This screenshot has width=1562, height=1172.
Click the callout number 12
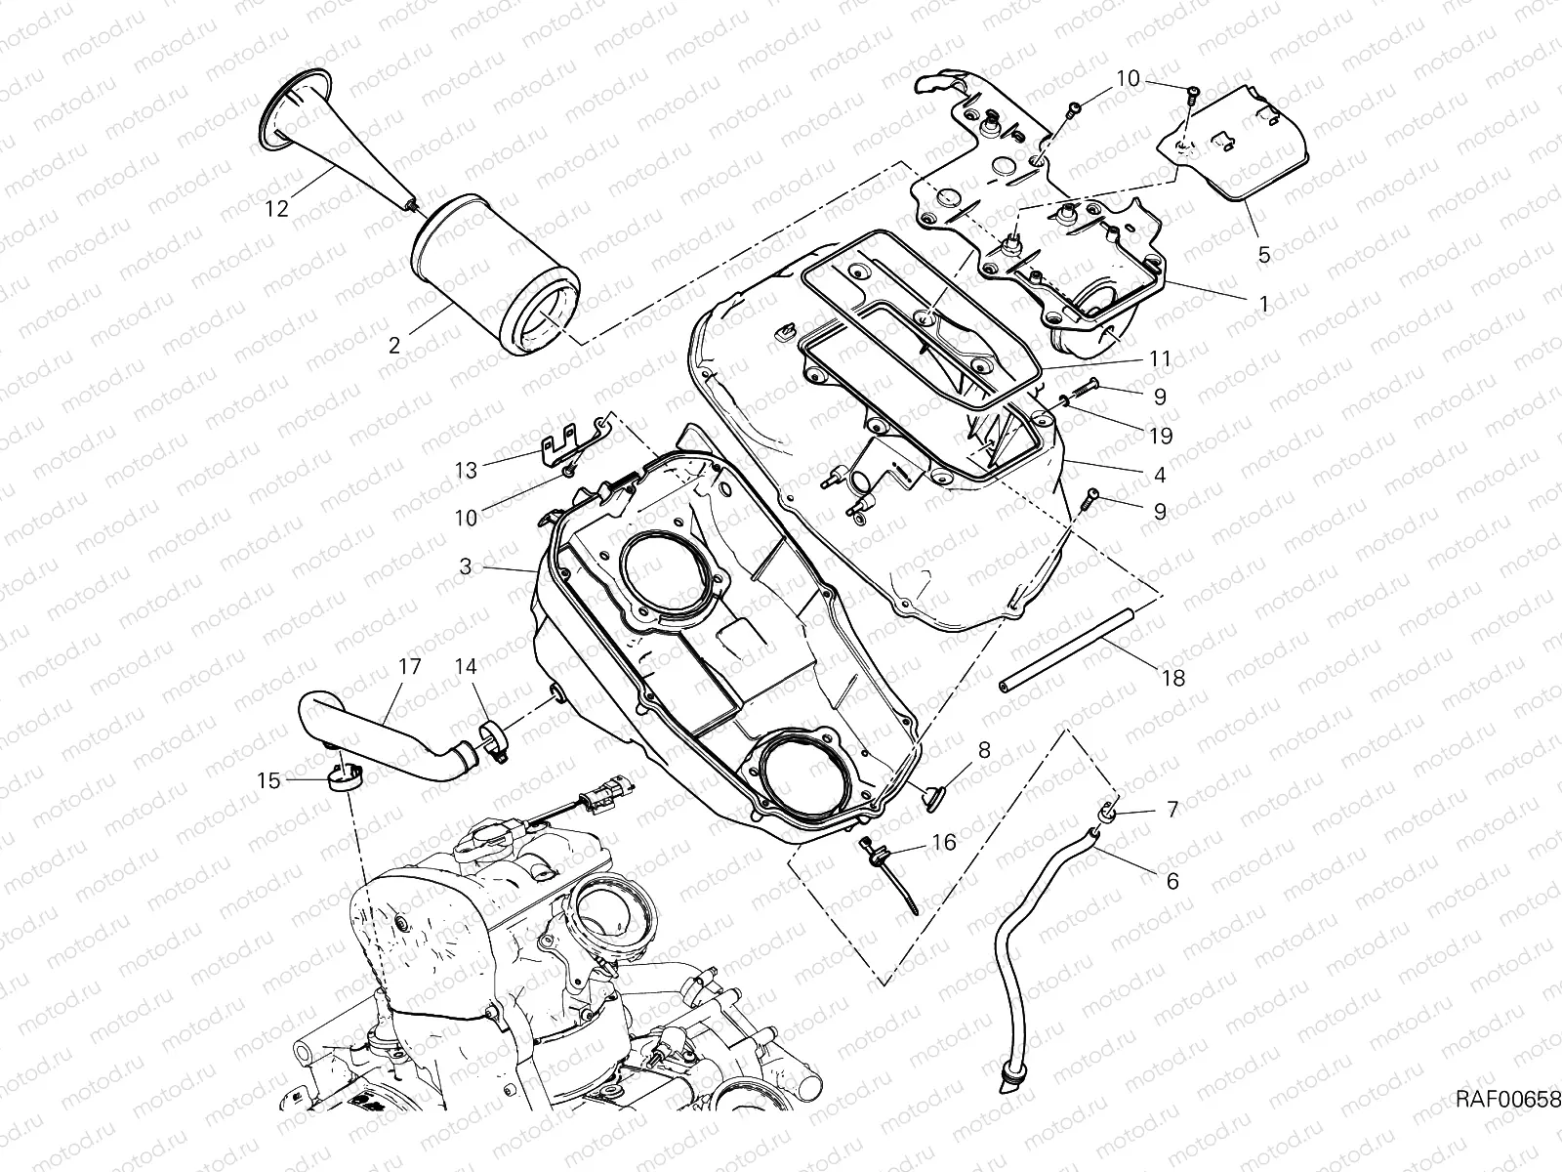point(277,209)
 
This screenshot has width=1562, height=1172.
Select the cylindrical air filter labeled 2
point(496,275)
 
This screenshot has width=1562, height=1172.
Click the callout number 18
point(1174,678)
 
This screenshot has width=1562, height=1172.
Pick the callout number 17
point(408,667)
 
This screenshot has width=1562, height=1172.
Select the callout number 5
point(1263,255)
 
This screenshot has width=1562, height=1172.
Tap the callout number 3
point(466,566)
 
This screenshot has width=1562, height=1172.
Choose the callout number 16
point(944,842)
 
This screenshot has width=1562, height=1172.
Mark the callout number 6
point(1172,881)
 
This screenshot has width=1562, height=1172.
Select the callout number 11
point(1159,358)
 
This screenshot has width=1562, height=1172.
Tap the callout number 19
point(1160,435)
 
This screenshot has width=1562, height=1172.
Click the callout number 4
point(1159,476)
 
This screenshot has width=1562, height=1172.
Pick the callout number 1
point(1263,304)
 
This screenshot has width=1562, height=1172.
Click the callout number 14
point(466,667)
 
